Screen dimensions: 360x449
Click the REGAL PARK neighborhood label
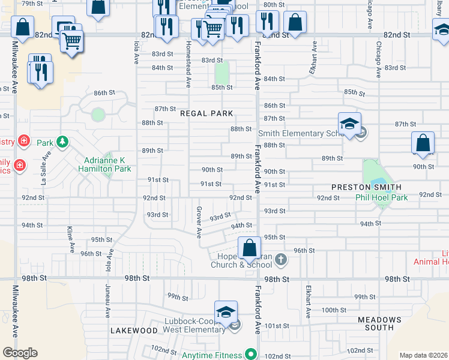[206, 113]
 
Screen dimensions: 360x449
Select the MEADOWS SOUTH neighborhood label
[379, 323]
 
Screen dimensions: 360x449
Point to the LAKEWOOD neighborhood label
[134, 331]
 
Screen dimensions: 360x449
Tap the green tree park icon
[62, 142]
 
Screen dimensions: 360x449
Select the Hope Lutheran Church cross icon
[280, 260]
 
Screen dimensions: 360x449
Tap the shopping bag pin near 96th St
[249, 247]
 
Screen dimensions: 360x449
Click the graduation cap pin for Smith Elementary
[349, 124]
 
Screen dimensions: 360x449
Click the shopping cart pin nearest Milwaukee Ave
[71, 41]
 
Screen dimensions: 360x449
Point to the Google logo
[19, 353]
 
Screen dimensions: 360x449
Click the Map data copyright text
[423, 355]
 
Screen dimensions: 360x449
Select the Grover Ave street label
[198, 222]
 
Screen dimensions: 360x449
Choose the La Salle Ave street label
[44, 167]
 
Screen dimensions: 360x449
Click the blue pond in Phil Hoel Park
[378, 182]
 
